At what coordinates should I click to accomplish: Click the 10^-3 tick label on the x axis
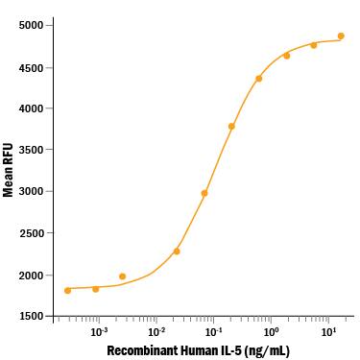click(x=98, y=331)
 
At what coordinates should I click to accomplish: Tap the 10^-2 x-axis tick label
click(x=156, y=331)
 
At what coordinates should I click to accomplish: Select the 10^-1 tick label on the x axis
click(x=213, y=331)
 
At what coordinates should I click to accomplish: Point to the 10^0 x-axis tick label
click(x=272, y=331)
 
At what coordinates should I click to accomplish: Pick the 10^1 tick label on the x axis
click(x=328, y=331)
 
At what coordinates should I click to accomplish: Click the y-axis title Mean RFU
click(x=9, y=171)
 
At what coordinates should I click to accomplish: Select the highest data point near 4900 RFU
click(x=341, y=36)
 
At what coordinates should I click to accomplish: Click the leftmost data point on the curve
click(x=67, y=290)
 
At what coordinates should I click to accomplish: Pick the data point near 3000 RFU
click(x=204, y=193)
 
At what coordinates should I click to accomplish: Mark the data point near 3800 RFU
click(x=231, y=126)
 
